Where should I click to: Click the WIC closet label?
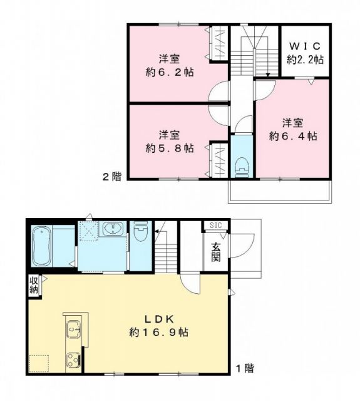tap(305, 46)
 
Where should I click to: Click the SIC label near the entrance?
tap(215, 226)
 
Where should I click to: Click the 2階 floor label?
tap(112, 176)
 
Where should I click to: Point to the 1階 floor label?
tap(244, 368)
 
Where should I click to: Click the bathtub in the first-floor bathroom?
tap(42, 246)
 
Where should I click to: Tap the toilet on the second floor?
tap(241, 166)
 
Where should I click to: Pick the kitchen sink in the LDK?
tap(73, 328)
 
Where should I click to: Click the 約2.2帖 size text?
tap(305, 60)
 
